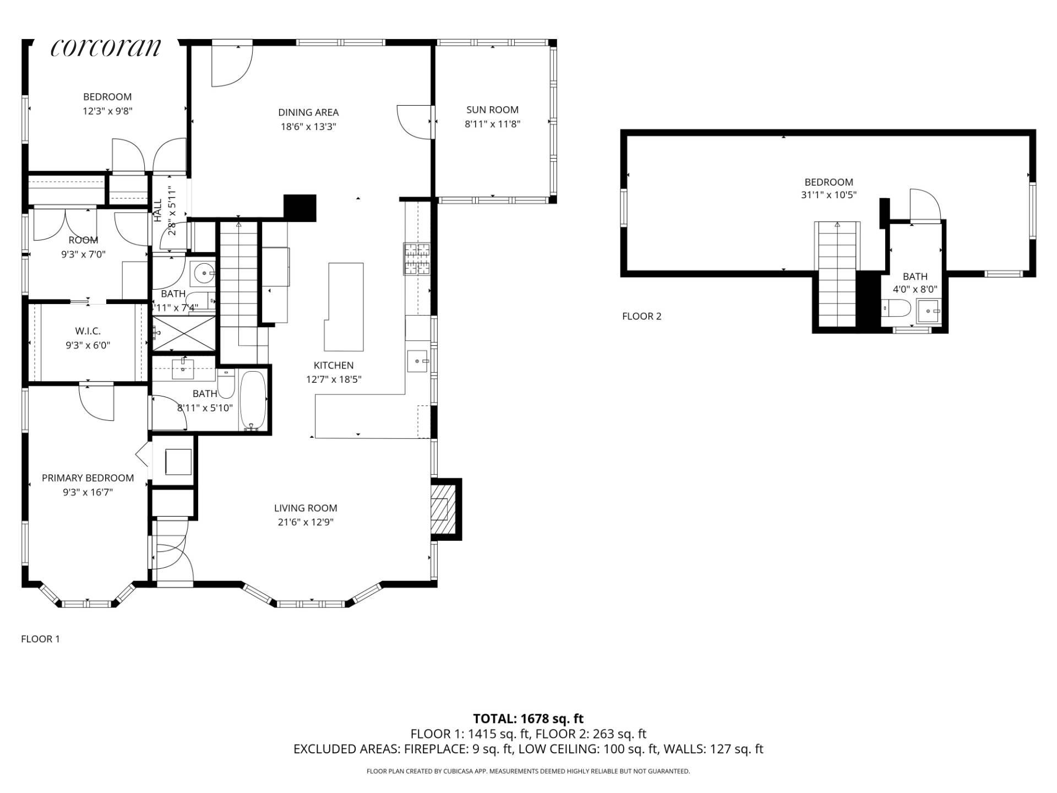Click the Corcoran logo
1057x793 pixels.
tap(106, 47)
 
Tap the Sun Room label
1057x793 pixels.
tap(492, 110)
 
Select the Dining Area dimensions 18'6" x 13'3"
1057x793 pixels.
tap(308, 127)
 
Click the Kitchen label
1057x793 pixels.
tap(334, 365)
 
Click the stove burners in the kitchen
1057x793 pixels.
tap(417, 259)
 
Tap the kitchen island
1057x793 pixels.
tap(344, 307)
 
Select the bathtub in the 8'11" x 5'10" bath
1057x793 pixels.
tap(253, 400)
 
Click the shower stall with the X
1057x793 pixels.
tap(184, 333)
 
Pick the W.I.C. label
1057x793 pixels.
tap(88, 331)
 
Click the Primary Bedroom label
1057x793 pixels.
tap(88, 478)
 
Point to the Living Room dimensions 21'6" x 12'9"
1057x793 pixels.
tap(306, 522)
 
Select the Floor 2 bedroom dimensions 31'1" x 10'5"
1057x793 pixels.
tap(829, 195)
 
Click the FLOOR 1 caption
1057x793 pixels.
tap(40, 639)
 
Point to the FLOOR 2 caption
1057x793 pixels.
tap(642, 316)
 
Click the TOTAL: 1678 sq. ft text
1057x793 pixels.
tap(528, 719)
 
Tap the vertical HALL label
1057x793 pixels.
tap(158, 211)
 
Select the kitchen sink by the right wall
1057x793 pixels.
tap(418, 361)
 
